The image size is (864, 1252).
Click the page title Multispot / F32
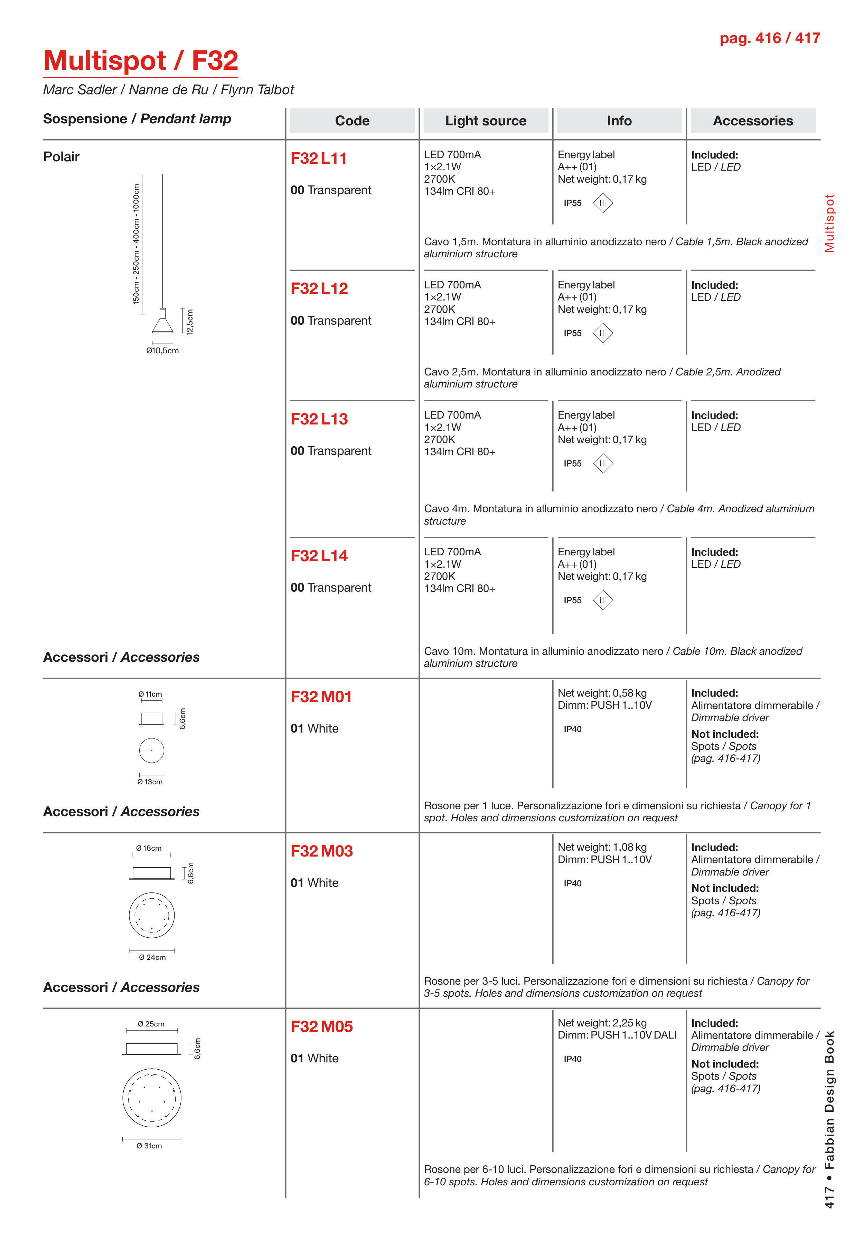pos(141,60)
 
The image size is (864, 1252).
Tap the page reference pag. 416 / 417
pos(769,38)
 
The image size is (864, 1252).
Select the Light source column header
pos(486,121)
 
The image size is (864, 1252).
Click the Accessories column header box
pos(752,121)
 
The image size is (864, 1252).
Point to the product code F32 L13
pos(319,419)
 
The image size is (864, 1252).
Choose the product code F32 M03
pos(321,851)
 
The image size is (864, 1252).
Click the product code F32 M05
pos(321,1026)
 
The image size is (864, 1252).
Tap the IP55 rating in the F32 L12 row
pos(572,333)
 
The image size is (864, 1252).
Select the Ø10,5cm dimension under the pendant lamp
pos(162,351)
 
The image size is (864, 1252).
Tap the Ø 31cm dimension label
pos(149,1146)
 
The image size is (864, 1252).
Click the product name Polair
pos(61,157)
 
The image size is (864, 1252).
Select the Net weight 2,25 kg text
pos(602,1023)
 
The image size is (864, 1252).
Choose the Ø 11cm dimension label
pos(150,694)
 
